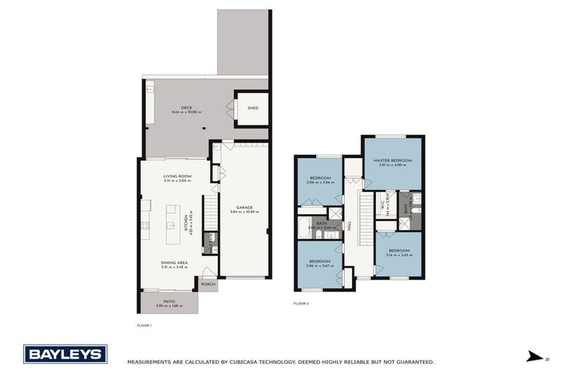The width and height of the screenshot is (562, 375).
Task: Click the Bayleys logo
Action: click(65, 354)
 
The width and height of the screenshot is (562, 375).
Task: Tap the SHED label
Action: click(252, 108)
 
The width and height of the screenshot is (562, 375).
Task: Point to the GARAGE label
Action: click(244, 207)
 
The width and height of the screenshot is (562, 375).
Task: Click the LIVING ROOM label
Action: click(177, 176)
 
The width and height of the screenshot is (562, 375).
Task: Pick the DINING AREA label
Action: click(175, 262)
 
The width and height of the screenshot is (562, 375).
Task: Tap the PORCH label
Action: click(208, 285)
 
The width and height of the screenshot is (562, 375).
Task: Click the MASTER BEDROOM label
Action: click(391, 160)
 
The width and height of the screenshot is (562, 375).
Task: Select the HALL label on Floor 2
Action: click(359, 227)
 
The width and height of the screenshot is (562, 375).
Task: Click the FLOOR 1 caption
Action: click(144, 324)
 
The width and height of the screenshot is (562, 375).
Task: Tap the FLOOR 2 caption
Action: click(301, 303)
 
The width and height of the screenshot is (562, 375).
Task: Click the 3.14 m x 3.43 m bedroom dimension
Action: click(399, 255)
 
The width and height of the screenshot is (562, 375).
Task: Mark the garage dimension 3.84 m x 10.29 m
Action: click(244, 212)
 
